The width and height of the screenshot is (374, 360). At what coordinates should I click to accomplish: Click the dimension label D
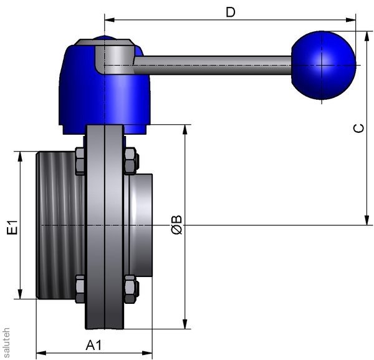coord(231,12)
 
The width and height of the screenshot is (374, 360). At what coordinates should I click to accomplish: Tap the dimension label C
coord(359,128)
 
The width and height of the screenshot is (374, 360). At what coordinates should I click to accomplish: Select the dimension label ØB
coord(177,225)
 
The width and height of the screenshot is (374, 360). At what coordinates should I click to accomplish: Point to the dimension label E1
coord(12,227)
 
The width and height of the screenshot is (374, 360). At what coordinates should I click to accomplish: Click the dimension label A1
coord(93,345)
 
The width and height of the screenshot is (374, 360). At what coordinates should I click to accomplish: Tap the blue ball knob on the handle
coord(324,65)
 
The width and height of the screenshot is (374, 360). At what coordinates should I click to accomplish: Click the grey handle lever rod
coord(213,65)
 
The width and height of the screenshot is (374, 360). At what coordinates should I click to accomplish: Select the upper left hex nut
coord(80,162)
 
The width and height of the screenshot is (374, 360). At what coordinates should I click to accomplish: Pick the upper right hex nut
coord(131,161)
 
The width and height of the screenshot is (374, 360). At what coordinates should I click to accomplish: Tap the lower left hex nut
coord(80,289)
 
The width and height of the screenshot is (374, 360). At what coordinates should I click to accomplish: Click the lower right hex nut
coord(131,289)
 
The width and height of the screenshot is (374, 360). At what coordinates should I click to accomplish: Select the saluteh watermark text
coord(6,343)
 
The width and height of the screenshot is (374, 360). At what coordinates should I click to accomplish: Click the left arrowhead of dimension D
coord(110,20)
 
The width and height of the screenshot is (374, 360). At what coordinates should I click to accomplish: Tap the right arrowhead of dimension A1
coord(147,353)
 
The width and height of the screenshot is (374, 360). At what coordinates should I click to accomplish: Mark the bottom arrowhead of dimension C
coord(367,220)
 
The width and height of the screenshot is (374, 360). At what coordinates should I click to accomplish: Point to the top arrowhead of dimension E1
coord(20,157)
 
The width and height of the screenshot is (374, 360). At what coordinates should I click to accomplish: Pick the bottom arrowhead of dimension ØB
coord(185,324)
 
